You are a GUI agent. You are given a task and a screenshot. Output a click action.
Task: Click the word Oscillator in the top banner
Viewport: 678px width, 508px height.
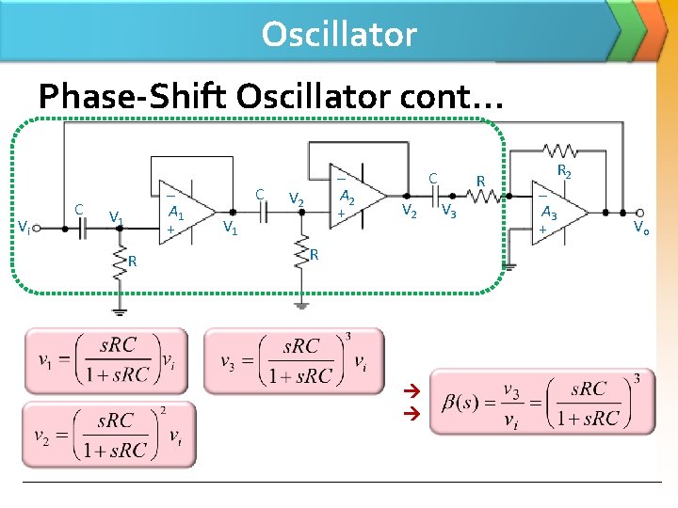point(339,34)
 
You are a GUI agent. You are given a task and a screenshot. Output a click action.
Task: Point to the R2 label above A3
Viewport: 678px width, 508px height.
point(564,171)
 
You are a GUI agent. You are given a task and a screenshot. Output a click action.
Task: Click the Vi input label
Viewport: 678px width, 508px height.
point(24,226)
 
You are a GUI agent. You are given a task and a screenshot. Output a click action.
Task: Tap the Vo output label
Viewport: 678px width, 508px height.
point(641,227)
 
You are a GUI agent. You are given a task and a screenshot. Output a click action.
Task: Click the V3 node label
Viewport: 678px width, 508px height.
point(449,210)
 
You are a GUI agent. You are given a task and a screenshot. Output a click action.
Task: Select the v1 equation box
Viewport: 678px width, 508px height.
point(105,360)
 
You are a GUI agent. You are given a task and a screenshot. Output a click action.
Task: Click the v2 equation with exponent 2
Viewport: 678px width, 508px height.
point(109,434)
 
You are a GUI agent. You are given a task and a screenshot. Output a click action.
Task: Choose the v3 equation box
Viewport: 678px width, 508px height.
point(294,360)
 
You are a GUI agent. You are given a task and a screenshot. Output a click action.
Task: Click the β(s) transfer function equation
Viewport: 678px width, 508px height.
point(542,402)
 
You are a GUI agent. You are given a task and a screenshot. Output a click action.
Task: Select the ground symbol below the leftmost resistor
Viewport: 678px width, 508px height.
point(120,310)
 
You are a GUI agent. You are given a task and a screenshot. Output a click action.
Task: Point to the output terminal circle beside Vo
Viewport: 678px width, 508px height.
point(639,213)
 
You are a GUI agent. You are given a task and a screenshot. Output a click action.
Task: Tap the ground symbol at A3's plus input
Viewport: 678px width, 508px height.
point(508,266)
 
